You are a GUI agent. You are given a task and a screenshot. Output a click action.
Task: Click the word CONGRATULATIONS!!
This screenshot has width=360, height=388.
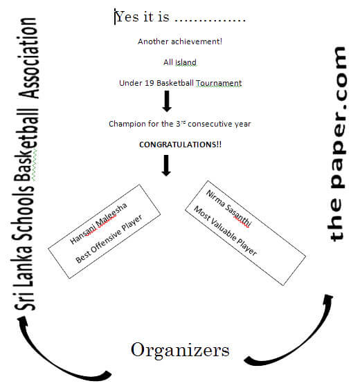(x=180, y=145)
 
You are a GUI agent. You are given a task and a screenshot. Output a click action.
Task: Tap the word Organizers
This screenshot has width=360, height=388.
(x=180, y=351)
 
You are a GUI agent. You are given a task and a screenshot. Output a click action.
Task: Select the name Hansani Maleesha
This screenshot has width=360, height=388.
(x=98, y=223)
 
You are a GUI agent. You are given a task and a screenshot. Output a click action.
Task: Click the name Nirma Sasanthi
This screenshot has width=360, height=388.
(x=229, y=208)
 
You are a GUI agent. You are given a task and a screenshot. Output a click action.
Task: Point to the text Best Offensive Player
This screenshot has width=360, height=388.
(x=109, y=239)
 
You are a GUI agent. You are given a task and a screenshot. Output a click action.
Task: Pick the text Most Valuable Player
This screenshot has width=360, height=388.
(x=225, y=230)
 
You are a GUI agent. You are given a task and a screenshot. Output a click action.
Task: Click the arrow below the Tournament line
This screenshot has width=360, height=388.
(x=167, y=101)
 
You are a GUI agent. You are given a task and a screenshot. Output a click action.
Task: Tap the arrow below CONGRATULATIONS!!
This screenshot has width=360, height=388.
(x=166, y=165)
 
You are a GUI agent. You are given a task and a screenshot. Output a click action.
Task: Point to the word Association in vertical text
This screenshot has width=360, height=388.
(x=29, y=58)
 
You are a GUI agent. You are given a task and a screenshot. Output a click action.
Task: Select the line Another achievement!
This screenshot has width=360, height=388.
(x=180, y=41)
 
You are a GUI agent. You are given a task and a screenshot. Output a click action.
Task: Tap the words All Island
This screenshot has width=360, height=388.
(x=180, y=62)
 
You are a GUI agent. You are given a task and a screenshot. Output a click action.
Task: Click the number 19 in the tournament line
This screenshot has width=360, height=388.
(x=149, y=83)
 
